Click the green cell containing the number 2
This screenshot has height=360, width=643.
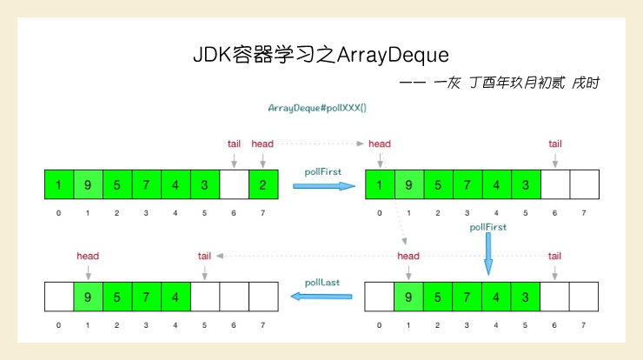pos(263,184)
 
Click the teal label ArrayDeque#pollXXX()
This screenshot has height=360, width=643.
pos(317,108)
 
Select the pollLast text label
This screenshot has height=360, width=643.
pos(321,282)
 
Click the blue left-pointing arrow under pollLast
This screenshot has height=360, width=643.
pos(321,297)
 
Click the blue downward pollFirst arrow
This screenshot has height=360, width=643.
pos(488,253)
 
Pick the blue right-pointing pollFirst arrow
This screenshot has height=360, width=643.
pos(323,185)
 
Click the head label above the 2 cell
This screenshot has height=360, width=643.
pos(262,143)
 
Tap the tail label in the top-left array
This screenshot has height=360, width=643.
pos(234,143)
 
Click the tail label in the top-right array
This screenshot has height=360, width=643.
pos(555,143)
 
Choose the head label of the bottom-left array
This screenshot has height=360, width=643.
pos(88,256)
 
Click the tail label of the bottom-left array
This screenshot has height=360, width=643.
pos(204,256)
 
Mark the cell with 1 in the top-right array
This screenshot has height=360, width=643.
pos(380,184)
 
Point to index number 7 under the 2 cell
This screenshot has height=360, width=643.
pos(263,213)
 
